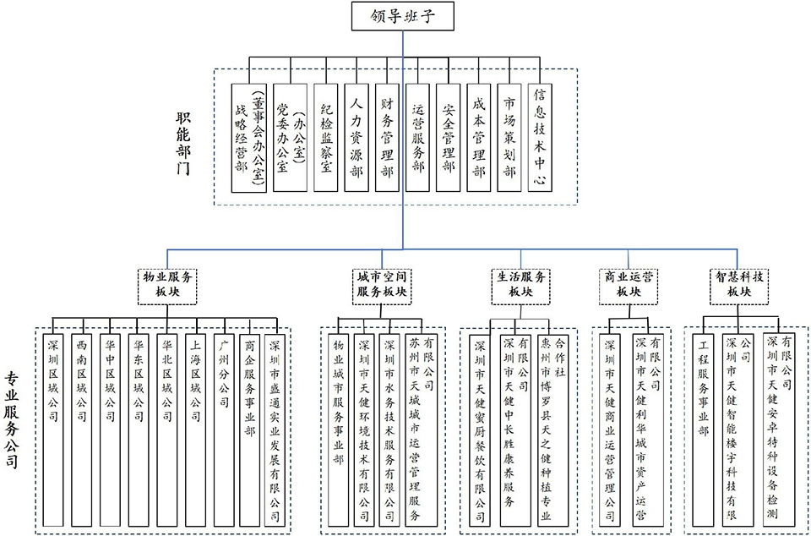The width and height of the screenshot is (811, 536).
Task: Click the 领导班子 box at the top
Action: pyautogui.click(x=404, y=15)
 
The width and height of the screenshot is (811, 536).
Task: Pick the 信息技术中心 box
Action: pyautogui.click(x=541, y=139)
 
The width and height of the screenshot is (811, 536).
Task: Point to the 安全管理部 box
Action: pyautogui.click(x=449, y=139)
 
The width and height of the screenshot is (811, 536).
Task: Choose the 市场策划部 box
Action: pyautogui.click(x=509, y=139)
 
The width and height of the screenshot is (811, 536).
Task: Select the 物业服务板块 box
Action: pyautogui.click(x=167, y=285)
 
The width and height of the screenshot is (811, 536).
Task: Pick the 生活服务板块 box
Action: pyautogui.click(x=520, y=285)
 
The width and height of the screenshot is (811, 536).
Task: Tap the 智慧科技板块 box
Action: pyautogui.click(x=739, y=285)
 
